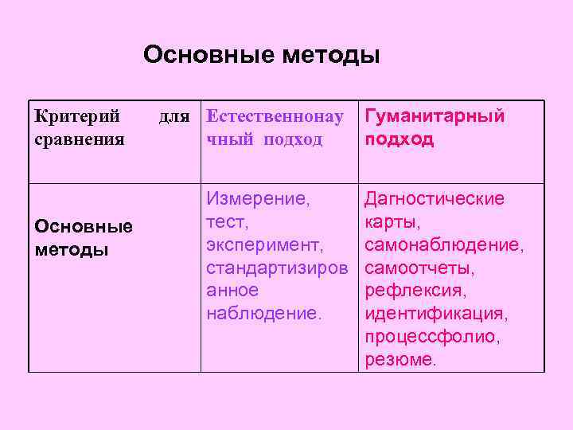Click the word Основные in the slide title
point(209,56)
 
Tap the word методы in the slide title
point(330,56)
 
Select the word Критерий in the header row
point(78,117)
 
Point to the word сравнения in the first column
point(80,139)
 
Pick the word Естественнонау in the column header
point(275,117)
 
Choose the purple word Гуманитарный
point(435,117)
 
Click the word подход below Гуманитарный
point(400,139)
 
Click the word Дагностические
point(435,198)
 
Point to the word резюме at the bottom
point(400,360)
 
